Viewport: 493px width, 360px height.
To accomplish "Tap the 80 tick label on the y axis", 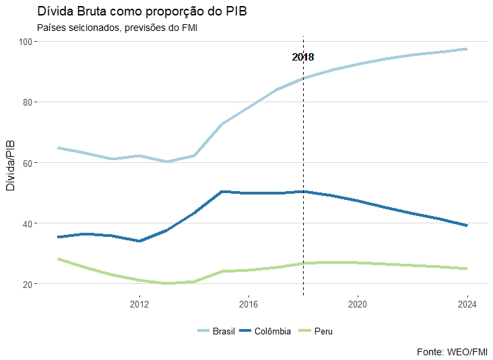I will (28, 102).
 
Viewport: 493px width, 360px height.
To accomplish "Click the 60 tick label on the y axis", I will (28, 163).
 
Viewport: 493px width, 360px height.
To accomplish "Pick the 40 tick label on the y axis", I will (28, 223).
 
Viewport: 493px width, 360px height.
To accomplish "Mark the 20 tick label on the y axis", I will (28, 284).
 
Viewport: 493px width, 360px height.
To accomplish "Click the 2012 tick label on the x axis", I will (139, 304).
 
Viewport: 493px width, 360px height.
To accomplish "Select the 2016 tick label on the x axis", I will (249, 304).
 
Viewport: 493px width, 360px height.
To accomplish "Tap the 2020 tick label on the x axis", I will (358, 304).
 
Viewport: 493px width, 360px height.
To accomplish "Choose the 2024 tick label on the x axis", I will (467, 304).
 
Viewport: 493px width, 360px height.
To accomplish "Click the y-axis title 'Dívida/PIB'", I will (9, 166).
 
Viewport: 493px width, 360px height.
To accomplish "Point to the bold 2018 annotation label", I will (303, 58).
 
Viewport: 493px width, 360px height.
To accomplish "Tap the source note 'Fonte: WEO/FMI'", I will (453, 352).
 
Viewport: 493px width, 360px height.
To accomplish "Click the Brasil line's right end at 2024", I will (467, 49).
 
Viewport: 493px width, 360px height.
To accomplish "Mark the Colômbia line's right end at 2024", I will (467, 225).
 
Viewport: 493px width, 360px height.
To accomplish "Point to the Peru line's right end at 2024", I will (467, 268).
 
